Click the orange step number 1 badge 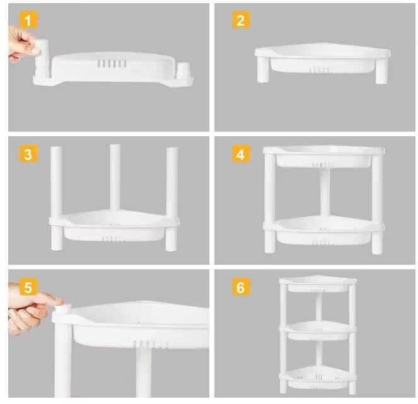coord(28,20)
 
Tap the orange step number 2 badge coord(240,20)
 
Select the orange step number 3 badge coord(28,154)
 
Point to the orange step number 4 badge coord(240,154)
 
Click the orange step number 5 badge coord(28,287)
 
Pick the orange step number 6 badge coord(240,287)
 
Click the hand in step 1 coord(23,44)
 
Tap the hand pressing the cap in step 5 coord(31,309)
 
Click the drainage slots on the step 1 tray coord(112,64)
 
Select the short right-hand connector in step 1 coord(183,70)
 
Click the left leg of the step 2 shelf coord(264,69)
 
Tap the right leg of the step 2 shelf coord(381,70)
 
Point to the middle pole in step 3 coord(115,178)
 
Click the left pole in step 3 coord(56,199)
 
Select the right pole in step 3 coord(172,199)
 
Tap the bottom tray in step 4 coord(323,231)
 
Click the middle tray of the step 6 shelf coord(318,330)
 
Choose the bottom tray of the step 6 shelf coord(318,377)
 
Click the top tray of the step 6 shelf coord(318,284)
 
